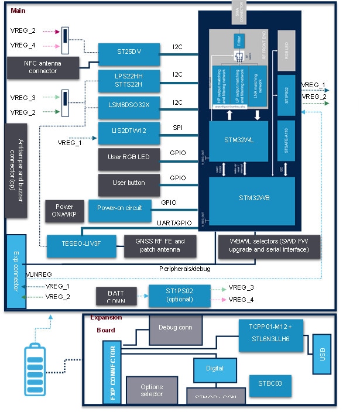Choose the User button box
129,183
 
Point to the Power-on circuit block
119,208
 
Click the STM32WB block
245,198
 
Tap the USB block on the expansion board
322,355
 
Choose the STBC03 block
270,384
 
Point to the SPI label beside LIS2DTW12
178,126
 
